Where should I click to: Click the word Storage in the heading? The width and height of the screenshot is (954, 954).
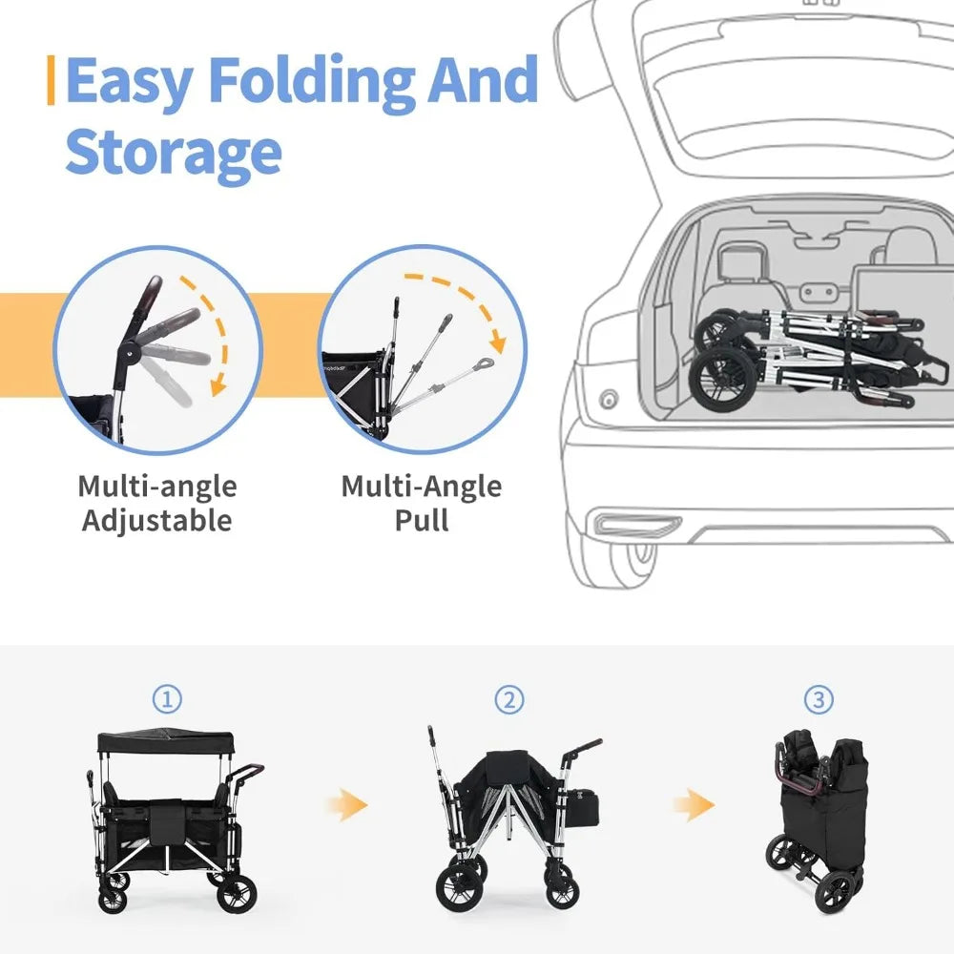(174, 153)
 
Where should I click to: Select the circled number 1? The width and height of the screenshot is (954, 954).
(168, 700)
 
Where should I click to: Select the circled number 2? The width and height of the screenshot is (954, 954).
(509, 700)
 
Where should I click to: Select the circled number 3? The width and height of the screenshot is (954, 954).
(817, 700)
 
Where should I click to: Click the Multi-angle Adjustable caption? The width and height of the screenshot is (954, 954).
(156, 503)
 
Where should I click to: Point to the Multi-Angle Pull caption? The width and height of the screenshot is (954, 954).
(421, 503)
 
